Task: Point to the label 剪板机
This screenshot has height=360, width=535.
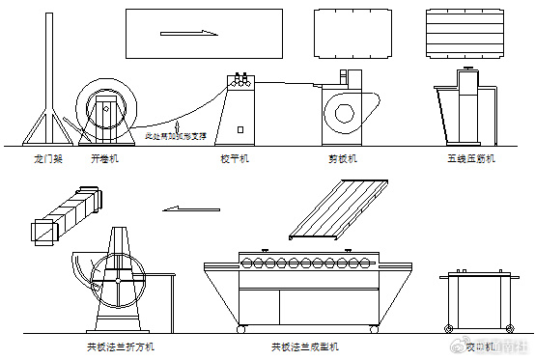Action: [342, 156]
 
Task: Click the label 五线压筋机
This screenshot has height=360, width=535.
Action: [470, 156]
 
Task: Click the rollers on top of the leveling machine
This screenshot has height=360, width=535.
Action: [239, 80]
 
